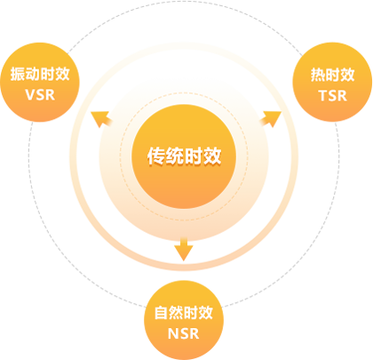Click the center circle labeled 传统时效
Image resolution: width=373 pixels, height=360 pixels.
click(184, 156)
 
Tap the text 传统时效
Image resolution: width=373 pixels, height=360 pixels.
click(184, 156)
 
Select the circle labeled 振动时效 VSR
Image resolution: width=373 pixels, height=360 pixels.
click(40, 82)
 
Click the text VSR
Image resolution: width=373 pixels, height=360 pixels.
click(40, 95)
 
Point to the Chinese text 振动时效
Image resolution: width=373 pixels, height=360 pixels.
click(40, 74)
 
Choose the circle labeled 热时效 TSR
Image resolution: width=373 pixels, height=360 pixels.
click(332, 82)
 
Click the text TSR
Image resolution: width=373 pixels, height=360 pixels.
click(332, 96)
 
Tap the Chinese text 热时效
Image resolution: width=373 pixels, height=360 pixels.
click(332, 75)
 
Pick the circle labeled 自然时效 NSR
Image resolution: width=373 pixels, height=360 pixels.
click(184, 320)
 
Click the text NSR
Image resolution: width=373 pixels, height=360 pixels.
click(184, 333)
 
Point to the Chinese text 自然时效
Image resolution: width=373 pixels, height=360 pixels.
click(184, 313)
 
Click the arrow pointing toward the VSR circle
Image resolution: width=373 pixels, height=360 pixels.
click(101, 119)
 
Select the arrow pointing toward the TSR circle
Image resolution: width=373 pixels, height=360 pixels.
click(270, 118)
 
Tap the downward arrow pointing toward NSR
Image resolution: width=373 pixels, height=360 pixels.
click(184, 249)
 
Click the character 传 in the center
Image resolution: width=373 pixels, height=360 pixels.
click(156, 156)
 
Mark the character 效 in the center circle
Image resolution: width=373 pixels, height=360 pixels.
click(212, 156)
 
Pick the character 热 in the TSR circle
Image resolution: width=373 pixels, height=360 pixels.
click(318, 75)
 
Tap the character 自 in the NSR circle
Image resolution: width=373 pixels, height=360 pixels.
click(162, 313)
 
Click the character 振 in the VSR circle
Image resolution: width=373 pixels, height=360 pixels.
click(18, 74)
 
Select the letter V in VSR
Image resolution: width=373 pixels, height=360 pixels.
click(31, 95)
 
